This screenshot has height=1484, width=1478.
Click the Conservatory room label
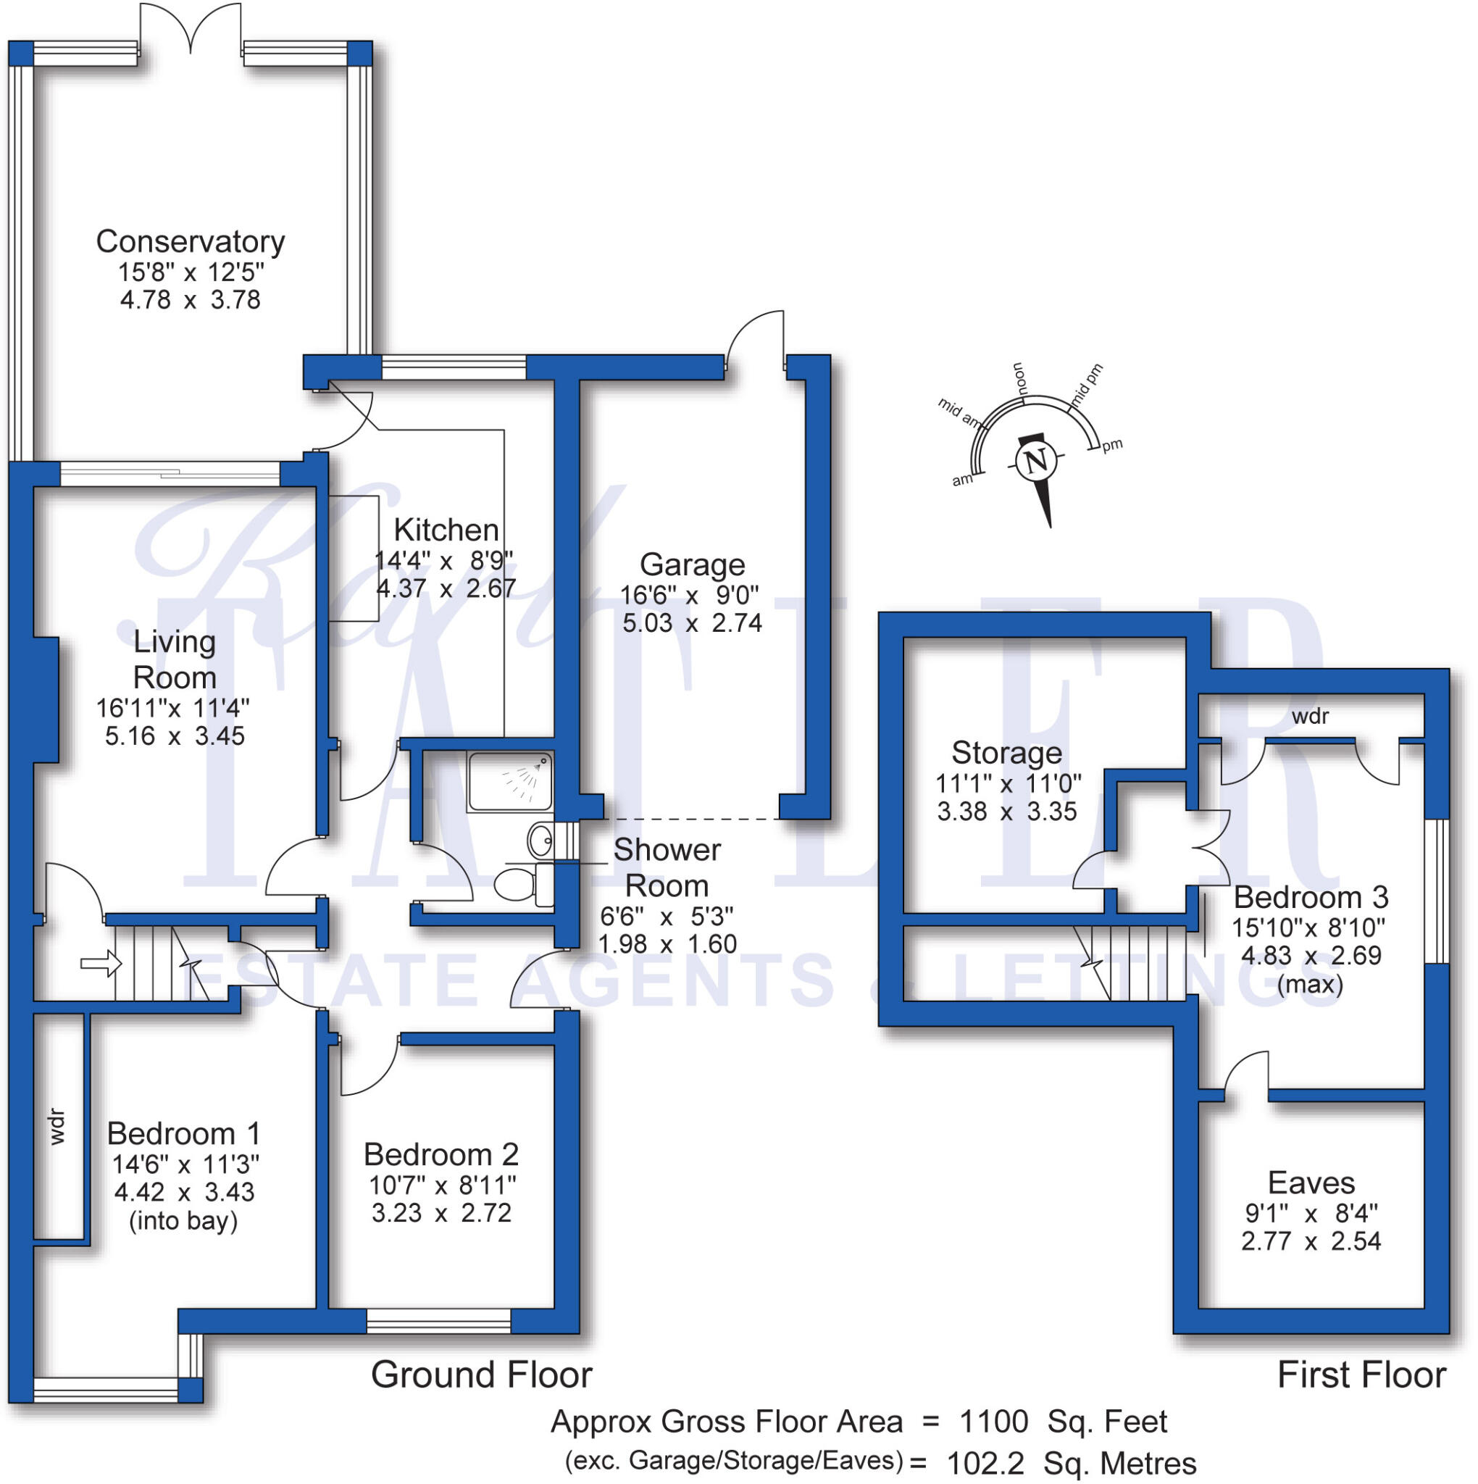point(190,242)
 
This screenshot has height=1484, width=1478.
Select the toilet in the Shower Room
point(515,884)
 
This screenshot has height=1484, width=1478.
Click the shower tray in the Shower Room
point(509,781)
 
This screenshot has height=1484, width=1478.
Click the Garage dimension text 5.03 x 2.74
point(691,623)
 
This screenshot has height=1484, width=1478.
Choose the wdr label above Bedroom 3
point(1310,717)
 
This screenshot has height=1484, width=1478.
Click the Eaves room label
point(1311,1183)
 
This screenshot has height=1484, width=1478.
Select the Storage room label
point(1006,753)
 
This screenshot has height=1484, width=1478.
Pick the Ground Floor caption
point(482,1375)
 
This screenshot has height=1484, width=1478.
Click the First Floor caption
point(1361,1375)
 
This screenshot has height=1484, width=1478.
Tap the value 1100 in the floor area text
point(993,1422)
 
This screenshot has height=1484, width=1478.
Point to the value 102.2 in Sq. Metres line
point(985,1463)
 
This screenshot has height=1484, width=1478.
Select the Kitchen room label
point(446,530)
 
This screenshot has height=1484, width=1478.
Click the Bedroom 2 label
point(441,1154)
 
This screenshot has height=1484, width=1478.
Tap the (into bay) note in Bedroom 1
point(183,1221)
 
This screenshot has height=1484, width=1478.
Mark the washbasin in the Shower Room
point(540,841)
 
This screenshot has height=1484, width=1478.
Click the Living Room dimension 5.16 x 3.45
point(175,736)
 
